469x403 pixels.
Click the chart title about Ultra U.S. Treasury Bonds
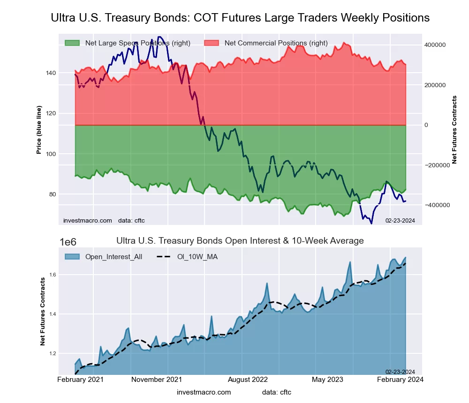point(240,18)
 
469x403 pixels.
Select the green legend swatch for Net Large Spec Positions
point(72,43)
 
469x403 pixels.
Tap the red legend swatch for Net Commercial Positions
point(212,43)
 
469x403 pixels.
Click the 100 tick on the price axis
point(51,154)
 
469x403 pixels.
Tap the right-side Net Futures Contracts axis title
point(454,129)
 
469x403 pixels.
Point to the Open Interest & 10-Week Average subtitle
point(240,241)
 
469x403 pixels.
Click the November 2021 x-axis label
point(157,379)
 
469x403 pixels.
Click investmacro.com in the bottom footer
point(204,392)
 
